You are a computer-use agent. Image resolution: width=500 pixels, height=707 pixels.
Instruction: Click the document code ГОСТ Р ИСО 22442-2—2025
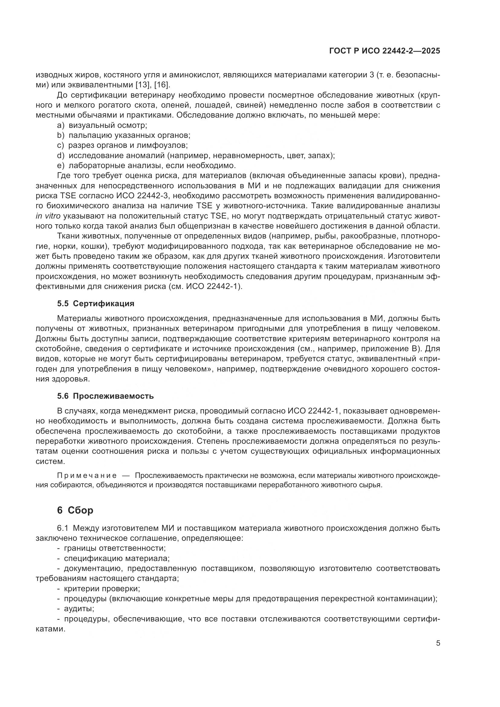click(385, 51)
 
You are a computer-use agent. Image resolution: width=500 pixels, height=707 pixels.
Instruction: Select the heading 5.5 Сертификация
click(96, 303)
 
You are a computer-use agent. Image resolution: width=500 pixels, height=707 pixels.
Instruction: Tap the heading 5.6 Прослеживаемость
click(105, 396)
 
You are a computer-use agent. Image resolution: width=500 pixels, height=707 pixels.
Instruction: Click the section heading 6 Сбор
click(75, 510)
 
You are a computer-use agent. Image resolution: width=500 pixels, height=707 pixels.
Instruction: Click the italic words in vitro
click(48, 216)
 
